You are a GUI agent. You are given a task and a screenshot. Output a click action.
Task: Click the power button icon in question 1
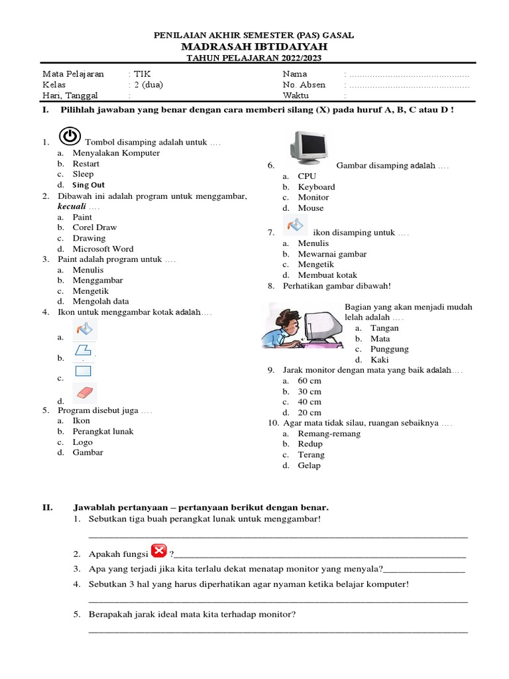coord(70,137)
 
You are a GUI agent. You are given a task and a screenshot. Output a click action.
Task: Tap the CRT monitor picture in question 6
coord(308,147)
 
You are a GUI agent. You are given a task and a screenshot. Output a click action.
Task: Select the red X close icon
coord(159,551)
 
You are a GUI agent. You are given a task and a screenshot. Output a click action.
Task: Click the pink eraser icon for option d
coord(84,393)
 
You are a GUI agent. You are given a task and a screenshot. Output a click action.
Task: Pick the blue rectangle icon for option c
coord(83,371)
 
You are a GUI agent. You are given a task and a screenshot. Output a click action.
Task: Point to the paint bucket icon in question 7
coord(295,225)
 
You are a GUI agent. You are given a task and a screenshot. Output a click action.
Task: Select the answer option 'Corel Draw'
coord(94,227)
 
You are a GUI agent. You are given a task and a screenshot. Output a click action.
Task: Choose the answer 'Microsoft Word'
coord(103,249)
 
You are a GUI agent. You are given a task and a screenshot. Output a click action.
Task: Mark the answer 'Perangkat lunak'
coord(103,432)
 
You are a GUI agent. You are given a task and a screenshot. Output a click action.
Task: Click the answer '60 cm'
coord(310,381)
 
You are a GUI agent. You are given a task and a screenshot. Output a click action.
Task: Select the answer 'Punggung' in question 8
coord(389,349)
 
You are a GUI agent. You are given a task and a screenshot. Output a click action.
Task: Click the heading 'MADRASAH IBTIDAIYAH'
coord(254,48)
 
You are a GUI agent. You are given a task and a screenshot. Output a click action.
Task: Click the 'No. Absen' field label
coord(304,85)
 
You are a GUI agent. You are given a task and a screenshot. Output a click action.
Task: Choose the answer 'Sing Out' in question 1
coord(89,185)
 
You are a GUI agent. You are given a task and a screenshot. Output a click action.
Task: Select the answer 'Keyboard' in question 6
coord(316,187)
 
